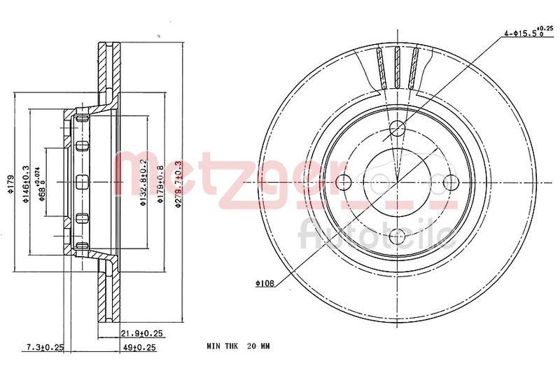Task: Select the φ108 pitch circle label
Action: [x=266, y=283]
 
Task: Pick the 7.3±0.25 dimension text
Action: [x=45, y=346]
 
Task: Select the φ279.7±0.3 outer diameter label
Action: [x=179, y=181]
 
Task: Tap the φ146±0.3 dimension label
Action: [x=27, y=183]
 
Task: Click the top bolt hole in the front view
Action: [x=396, y=128]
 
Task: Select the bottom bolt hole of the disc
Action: [x=396, y=235]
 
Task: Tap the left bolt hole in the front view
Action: [x=343, y=182]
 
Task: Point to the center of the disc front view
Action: [x=396, y=182]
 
